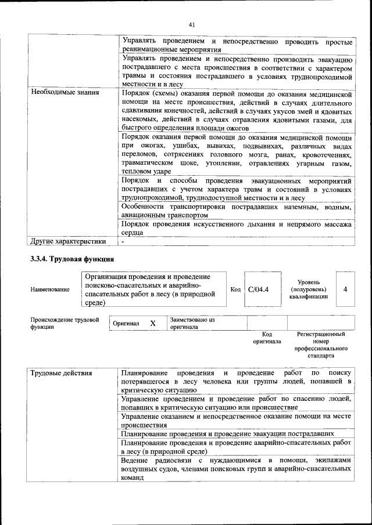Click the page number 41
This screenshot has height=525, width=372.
[191, 24]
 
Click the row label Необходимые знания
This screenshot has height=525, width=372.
[65, 92]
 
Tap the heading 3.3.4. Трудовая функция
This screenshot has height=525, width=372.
[72, 259]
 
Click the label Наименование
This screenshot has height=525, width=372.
[49, 289]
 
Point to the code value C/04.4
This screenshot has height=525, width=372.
[258, 289]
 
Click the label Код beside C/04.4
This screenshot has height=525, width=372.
[235, 289]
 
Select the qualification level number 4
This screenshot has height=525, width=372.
[345, 289]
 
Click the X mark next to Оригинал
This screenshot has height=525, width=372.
[153, 323]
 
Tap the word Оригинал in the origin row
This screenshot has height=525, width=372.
[126, 323]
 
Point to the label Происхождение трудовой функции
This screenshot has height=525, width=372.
[64, 323]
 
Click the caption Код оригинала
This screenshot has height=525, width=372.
[267, 338]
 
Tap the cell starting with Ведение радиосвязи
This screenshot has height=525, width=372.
[236, 469]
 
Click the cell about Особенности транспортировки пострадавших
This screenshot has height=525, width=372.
[236, 211]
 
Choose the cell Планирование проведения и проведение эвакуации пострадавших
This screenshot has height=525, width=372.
[227, 433]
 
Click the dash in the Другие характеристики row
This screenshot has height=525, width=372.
[123, 240]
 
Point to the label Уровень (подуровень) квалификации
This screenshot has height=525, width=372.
[308, 289]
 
